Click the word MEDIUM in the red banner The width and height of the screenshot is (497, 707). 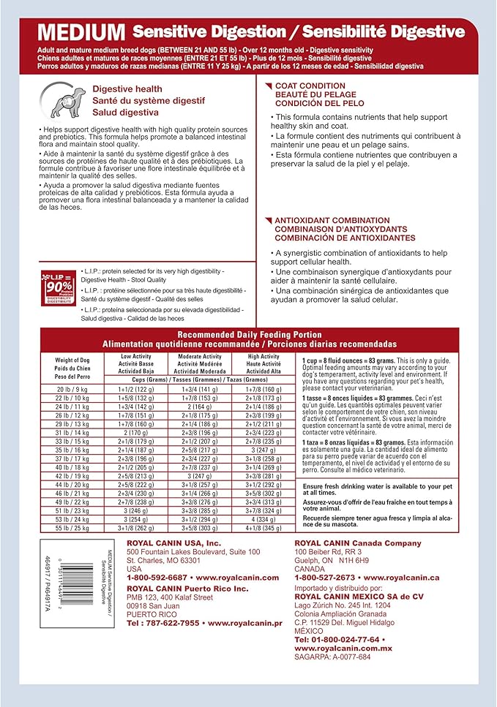click(81, 33)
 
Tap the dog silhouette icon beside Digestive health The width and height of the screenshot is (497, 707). click(59, 99)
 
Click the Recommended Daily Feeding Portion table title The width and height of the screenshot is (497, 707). click(250, 334)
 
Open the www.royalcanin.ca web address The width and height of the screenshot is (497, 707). click(408, 577)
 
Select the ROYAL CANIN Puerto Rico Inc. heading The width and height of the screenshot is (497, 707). click(180, 587)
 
